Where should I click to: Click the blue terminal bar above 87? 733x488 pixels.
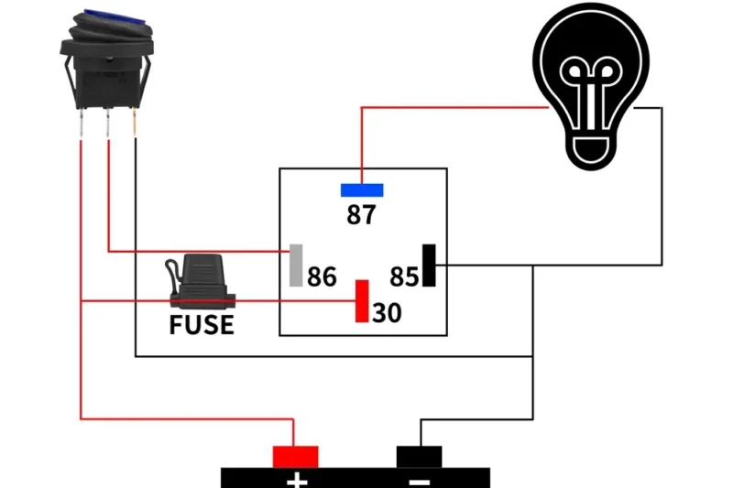click(x=362, y=190)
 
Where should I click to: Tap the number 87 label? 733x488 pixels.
click(x=362, y=215)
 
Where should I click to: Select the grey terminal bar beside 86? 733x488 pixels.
click(x=296, y=265)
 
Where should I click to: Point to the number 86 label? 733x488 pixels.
click(x=322, y=277)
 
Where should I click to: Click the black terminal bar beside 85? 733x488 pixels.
click(x=428, y=266)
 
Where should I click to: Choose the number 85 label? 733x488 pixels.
click(x=404, y=277)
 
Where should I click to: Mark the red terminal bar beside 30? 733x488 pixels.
click(x=362, y=301)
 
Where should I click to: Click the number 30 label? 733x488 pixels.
click(x=387, y=313)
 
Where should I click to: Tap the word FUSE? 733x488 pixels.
click(x=202, y=325)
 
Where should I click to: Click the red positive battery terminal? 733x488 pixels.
click(x=295, y=456)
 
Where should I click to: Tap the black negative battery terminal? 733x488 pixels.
click(x=420, y=456)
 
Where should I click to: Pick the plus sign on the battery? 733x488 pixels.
click(x=295, y=480)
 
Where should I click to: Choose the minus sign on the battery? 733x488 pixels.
click(x=420, y=480)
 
